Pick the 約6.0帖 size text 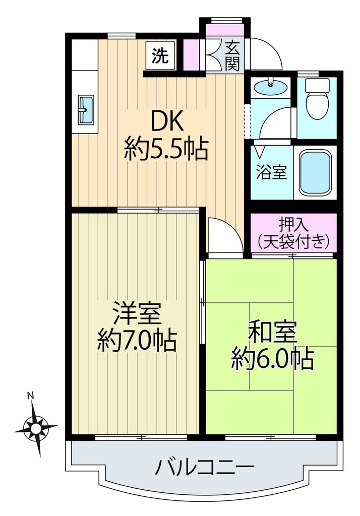coord(272,358)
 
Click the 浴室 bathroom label coord(272,173)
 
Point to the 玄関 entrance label coord(232,55)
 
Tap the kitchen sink coord(85,109)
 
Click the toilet coord(317,99)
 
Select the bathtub coord(316,173)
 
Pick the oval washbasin coord(271,88)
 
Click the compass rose coord(36,428)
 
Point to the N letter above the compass coord(30,396)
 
